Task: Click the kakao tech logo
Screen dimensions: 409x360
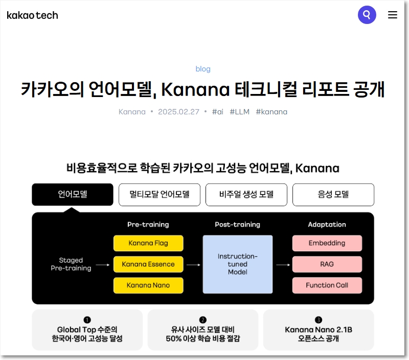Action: (32, 15)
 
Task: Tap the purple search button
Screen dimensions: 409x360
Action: (367, 15)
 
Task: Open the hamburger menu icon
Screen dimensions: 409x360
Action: (392, 15)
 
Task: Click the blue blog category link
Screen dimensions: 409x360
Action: (203, 69)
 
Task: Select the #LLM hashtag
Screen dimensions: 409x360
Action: (239, 112)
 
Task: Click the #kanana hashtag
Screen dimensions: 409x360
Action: (271, 112)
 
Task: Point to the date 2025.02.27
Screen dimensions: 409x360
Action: (178, 112)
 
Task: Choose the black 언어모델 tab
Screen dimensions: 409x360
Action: (73, 195)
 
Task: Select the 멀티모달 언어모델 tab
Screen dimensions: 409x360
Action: (160, 195)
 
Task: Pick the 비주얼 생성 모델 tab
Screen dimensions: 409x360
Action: (246, 195)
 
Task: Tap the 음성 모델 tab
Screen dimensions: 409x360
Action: (333, 195)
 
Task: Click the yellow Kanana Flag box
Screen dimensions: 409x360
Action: (148, 243)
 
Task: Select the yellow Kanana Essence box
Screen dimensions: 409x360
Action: (148, 264)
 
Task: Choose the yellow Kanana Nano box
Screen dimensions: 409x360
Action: (148, 285)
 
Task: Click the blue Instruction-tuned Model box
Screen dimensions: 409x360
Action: (238, 264)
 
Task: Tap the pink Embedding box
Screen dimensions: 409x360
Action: (327, 243)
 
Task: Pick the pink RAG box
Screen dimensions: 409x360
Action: (327, 264)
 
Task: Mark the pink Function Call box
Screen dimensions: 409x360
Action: (327, 285)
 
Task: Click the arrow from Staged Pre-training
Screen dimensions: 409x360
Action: (103, 265)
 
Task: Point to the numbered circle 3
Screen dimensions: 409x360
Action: (319, 320)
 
